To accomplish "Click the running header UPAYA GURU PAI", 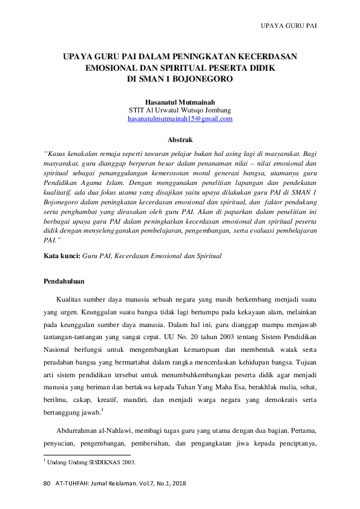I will pyautogui.click(x=289, y=27).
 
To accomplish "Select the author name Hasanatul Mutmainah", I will pyautogui.click(x=180, y=102).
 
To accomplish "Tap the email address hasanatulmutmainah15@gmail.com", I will pyautogui.click(x=180, y=119).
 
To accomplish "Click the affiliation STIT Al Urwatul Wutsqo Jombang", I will pyautogui.click(x=180, y=111).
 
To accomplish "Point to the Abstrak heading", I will pyautogui.click(x=180, y=140).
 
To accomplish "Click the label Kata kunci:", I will pyautogui.click(x=62, y=256).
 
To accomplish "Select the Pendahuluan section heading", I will pyautogui.click(x=65, y=282).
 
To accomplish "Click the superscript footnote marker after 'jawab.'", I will pyautogui.click(x=103, y=410).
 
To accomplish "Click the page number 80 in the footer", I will pyautogui.click(x=48, y=485).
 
